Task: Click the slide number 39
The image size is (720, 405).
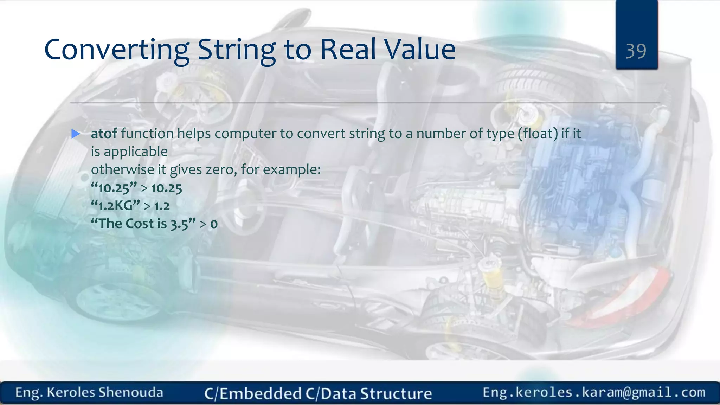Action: (636, 51)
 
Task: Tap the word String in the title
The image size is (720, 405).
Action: (237, 50)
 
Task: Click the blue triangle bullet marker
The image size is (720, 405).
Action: (76, 134)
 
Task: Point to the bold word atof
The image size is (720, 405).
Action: (104, 134)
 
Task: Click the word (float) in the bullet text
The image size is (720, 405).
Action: (538, 134)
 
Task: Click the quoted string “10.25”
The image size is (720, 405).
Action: (114, 188)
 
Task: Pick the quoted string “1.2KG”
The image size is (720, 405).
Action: (115, 206)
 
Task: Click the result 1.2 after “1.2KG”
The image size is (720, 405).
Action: (162, 206)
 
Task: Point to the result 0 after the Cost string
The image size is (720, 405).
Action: (214, 224)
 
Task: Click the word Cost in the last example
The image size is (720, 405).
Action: (140, 224)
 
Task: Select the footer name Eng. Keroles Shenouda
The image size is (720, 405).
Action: (89, 392)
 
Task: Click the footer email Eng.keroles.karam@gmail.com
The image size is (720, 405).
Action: (594, 392)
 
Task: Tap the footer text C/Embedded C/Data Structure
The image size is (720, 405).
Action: (318, 393)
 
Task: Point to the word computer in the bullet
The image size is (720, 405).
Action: (245, 134)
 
